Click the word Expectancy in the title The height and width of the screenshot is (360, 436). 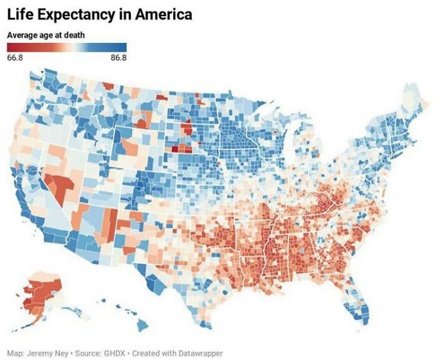tap(77, 14)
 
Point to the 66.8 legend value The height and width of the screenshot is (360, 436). tap(15, 57)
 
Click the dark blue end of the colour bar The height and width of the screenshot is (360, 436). tap(123, 47)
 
